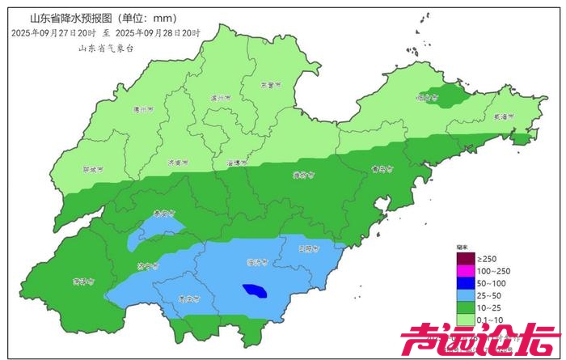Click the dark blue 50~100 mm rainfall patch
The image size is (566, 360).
[255, 290]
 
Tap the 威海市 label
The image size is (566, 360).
[505, 117]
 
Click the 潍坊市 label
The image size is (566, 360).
[301, 173]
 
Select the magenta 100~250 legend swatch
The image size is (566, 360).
[467, 271]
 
